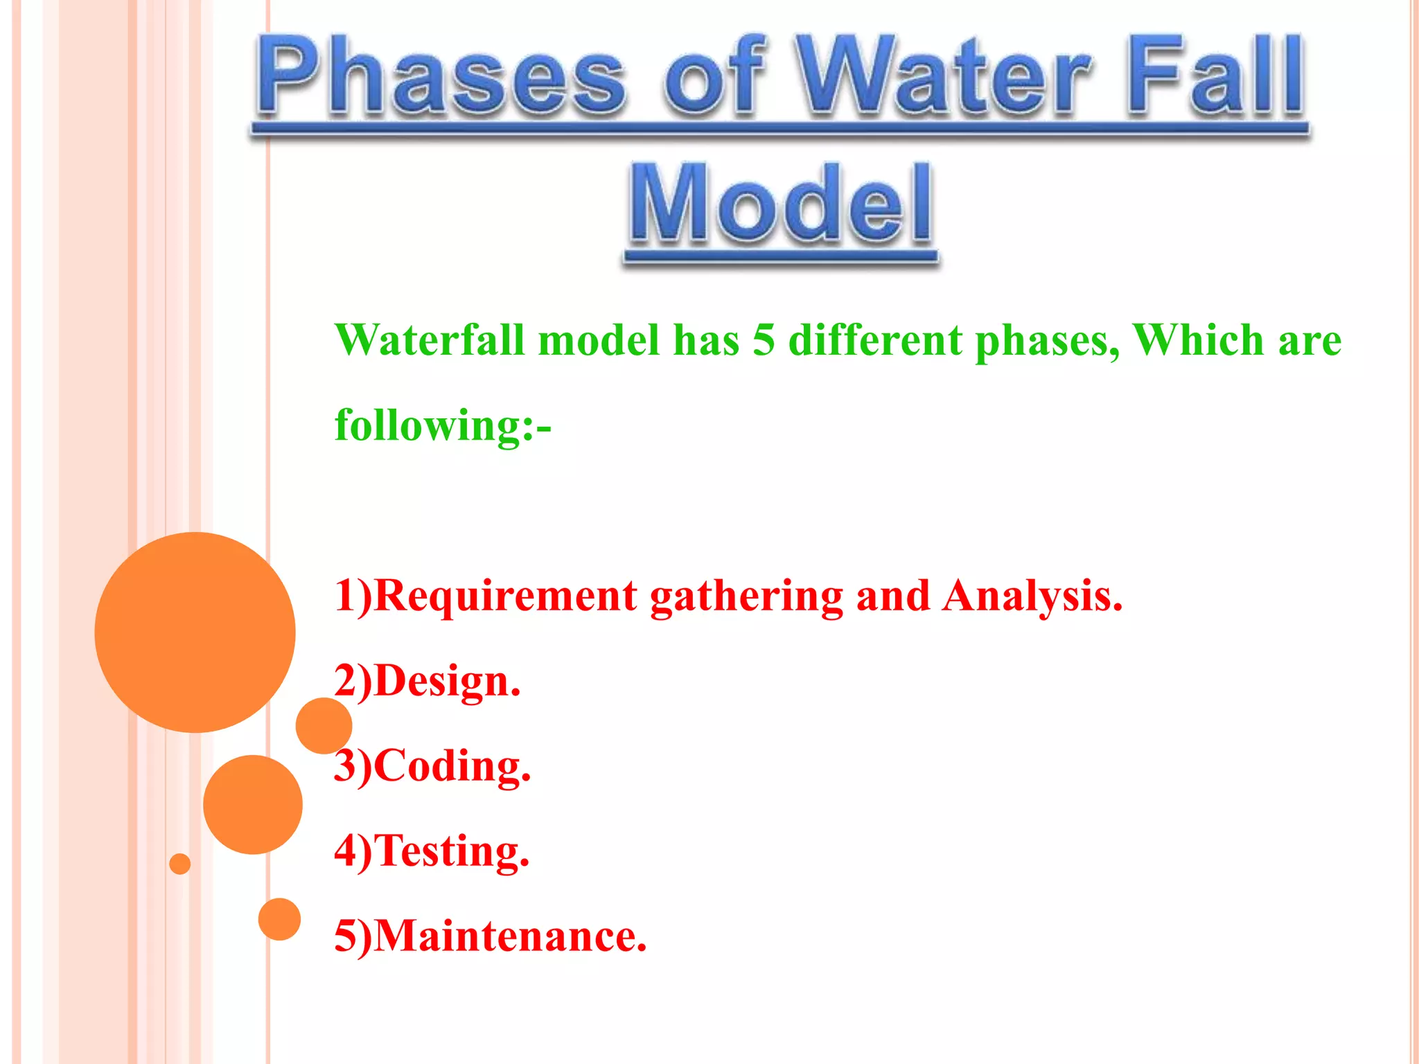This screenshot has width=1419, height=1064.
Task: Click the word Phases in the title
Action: (x=443, y=76)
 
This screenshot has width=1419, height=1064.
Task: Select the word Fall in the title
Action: (x=1216, y=76)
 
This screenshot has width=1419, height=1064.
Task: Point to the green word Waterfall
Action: (x=430, y=341)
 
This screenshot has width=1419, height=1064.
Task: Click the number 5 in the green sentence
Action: (x=763, y=341)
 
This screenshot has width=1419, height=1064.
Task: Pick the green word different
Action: (x=875, y=341)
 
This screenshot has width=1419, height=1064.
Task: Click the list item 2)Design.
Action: (x=427, y=682)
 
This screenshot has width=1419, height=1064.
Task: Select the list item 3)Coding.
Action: (x=432, y=766)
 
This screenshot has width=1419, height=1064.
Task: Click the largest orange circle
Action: (x=195, y=632)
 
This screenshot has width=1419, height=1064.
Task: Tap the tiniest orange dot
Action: (x=179, y=864)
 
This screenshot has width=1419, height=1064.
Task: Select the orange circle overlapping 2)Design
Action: (x=323, y=726)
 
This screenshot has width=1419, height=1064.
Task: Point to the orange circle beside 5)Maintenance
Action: (x=279, y=919)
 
